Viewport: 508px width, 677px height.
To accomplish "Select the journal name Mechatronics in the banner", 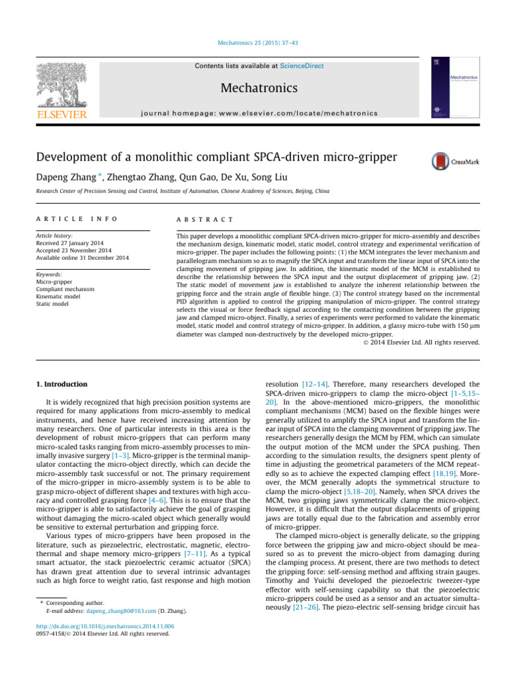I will pyautogui.click(x=253, y=88).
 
